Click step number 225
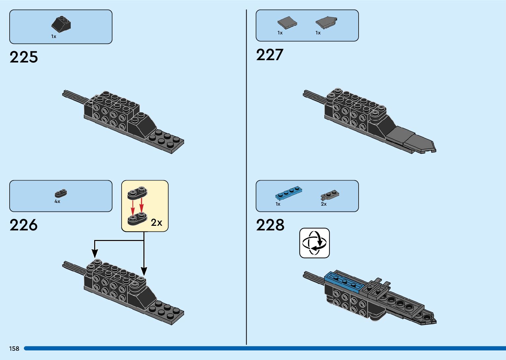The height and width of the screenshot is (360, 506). [24, 57]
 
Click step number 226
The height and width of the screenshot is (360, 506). [24, 225]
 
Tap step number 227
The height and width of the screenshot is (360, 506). [270, 55]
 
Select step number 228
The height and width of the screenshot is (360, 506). [270, 225]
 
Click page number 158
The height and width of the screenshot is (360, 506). [14, 348]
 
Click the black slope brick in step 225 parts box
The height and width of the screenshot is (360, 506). [61, 24]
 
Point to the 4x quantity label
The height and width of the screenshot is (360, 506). [58, 201]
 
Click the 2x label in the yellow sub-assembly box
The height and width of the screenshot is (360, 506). [157, 223]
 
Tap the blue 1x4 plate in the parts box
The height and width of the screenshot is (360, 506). [289, 193]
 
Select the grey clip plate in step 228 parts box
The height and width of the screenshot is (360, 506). [330, 196]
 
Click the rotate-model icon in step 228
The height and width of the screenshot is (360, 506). [314, 243]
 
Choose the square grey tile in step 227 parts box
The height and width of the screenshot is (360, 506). [287, 23]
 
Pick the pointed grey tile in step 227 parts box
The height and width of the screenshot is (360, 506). [327, 22]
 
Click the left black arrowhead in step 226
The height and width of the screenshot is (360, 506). [95, 254]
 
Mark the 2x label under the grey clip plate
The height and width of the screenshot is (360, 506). [324, 204]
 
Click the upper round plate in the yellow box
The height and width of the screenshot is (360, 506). [137, 192]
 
